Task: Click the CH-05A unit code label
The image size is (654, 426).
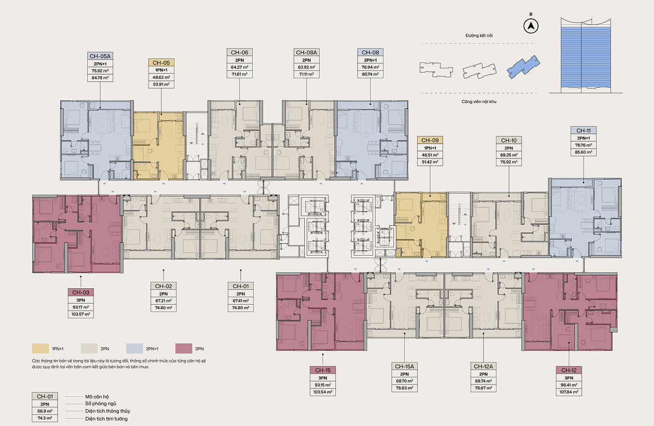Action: click(x=100, y=56)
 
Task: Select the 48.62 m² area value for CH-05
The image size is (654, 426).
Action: click(x=161, y=77)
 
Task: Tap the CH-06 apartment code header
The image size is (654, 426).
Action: click(x=239, y=53)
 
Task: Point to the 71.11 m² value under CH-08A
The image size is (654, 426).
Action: click(x=306, y=74)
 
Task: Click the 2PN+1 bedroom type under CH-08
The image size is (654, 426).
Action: click(x=370, y=60)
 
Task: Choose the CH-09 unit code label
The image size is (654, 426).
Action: click(x=430, y=140)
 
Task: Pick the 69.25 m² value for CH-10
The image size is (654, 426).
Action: click(x=509, y=155)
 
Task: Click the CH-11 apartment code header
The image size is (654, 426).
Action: click(x=583, y=130)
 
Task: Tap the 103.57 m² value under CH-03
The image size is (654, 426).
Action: click(x=81, y=314)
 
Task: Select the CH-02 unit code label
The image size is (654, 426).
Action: click(x=163, y=286)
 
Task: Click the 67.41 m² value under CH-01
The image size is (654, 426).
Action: click(x=241, y=301)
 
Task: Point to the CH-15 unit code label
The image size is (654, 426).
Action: click(x=323, y=370)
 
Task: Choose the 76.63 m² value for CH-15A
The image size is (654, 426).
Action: click(x=404, y=388)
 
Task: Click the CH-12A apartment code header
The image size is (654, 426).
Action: click(x=483, y=366)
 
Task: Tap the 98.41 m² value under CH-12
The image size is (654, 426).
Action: click(x=569, y=385)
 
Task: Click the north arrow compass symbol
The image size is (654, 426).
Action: click(x=531, y=26)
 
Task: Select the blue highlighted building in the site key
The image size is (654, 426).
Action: click(x=524, y=67)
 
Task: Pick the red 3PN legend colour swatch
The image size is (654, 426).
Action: click(x=184, y=348)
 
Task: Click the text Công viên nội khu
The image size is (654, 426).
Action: click(x=479, y=102)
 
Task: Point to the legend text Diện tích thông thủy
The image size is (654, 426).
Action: click(x=108, y=411)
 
